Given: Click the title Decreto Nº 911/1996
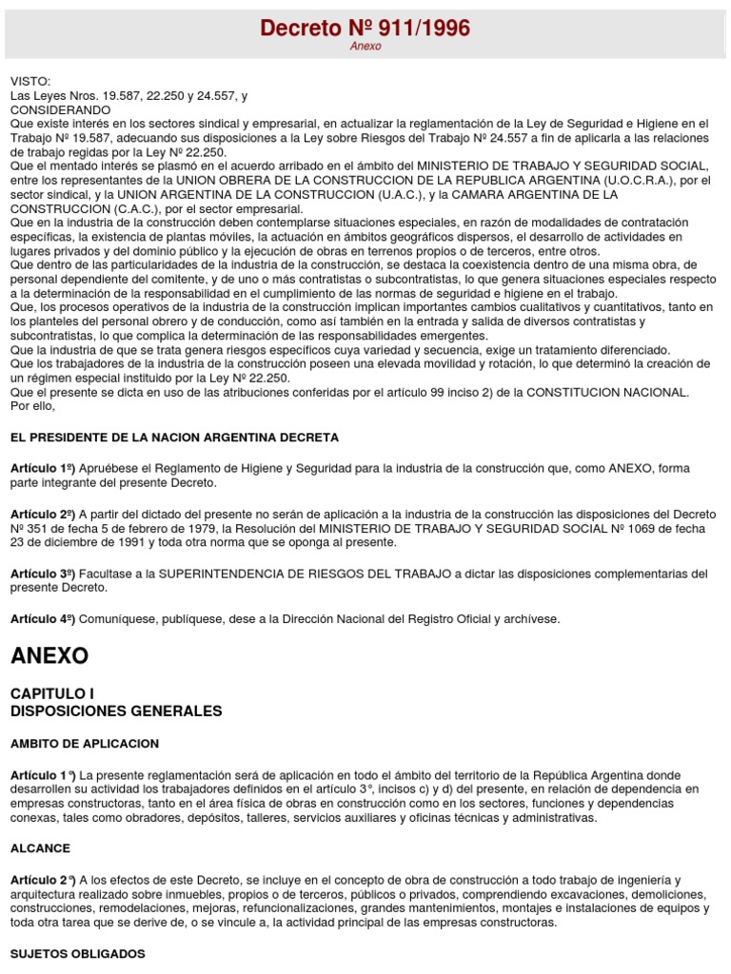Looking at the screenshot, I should click(365, 29).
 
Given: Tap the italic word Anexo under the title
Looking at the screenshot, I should click(365, 47).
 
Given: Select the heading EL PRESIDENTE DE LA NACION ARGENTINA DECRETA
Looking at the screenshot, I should click(174, 438).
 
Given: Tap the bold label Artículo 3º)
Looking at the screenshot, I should click(43, 574).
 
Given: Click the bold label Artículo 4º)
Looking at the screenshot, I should click(43, 619).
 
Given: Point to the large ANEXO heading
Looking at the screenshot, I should click(49, 655).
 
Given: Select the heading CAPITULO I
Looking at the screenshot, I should click(52, 693).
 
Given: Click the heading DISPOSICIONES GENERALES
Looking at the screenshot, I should click(115, 711).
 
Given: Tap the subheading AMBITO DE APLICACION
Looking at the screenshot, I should click(85, 743).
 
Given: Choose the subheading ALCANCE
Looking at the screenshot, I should click(40, 847).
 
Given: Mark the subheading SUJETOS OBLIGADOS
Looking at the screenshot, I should click(77, 952).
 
